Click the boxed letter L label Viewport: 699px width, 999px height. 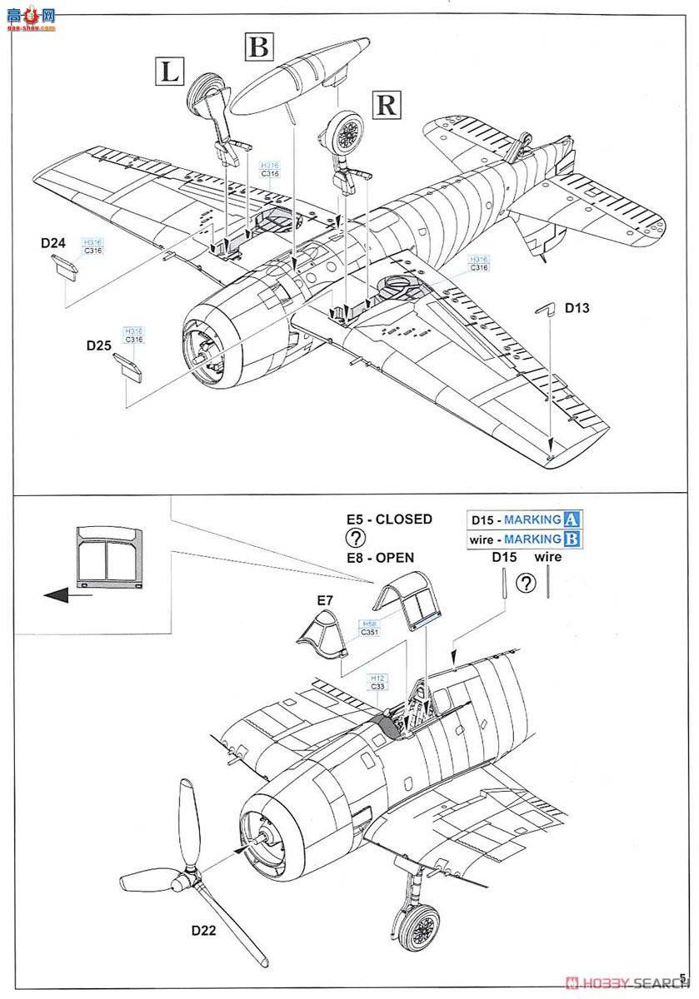[170, 72]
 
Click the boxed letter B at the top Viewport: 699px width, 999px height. [259, 47]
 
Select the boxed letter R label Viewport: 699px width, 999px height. [387, 105]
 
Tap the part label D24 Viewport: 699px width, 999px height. [52, 243]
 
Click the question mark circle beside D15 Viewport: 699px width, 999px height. [526, 583]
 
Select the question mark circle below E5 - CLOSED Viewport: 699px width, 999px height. [356, 538]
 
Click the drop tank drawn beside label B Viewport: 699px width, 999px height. [296, 77]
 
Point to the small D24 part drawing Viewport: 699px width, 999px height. [63, 265]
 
